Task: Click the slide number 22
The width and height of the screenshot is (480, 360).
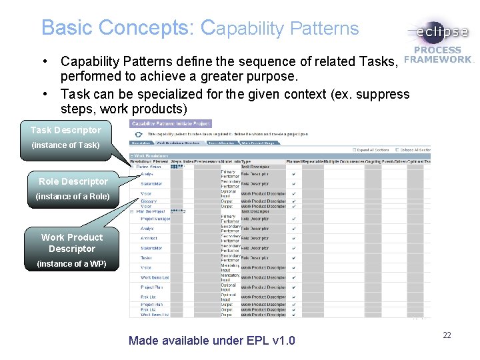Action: [447, 335]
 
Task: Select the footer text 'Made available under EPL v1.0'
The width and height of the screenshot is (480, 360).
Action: [211, 341]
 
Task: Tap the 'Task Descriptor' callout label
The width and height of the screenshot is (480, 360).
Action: [65, 130]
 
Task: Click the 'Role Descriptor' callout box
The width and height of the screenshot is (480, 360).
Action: [73, 181]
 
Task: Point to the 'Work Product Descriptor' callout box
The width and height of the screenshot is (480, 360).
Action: [71, 243]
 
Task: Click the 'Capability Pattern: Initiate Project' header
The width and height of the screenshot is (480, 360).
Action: [171, 123]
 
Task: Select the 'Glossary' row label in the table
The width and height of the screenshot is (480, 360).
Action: [149, 201]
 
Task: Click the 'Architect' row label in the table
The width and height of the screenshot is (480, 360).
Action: [149, 237]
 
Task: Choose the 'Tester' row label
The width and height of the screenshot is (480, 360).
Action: [147, 257]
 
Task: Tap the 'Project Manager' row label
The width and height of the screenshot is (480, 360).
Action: [155, 219]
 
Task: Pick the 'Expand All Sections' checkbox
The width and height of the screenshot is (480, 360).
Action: [354, 150]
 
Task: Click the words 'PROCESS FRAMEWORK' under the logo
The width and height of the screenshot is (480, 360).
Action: [437, 55]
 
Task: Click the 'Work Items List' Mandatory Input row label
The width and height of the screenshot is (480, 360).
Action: [155, 277]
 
